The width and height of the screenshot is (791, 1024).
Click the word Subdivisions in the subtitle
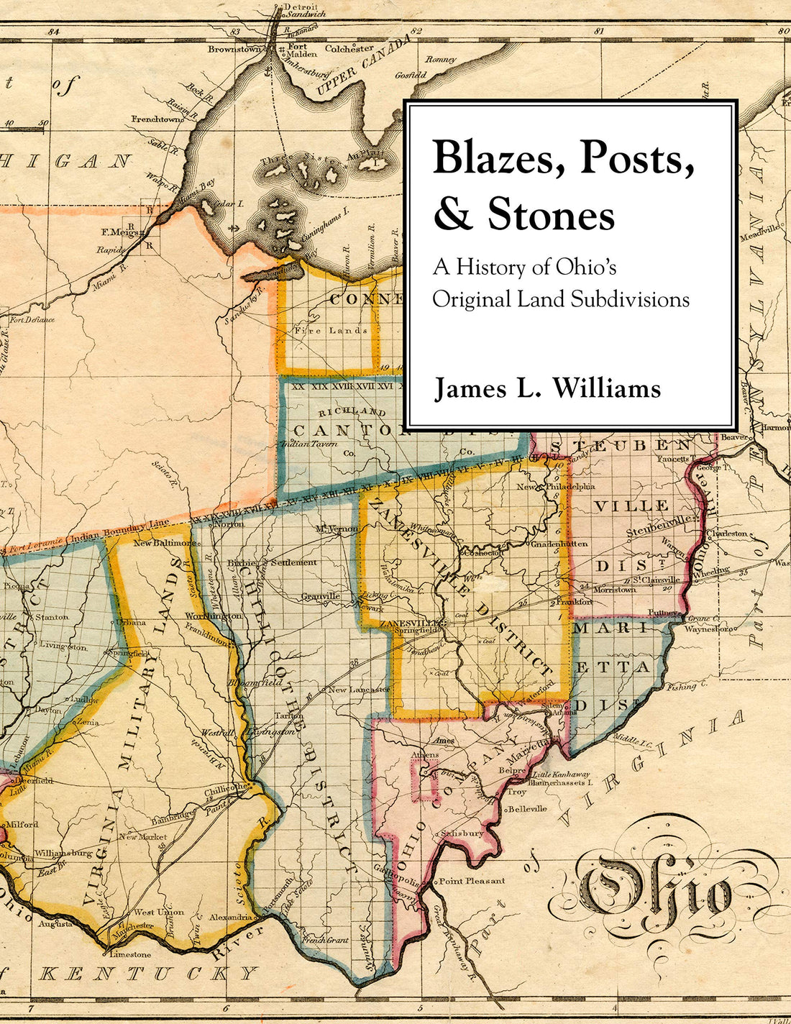tap(629, 298)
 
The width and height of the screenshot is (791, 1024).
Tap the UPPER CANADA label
tap(360, 67)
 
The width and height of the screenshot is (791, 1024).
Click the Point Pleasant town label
tap(472, 880)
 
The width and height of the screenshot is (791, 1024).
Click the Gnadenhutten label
tap(560, 544)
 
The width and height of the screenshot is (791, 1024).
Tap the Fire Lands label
tap(331, 331)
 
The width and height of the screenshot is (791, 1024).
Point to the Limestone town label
tap(129, 954)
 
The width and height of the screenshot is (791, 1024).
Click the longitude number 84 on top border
tap(52, 32)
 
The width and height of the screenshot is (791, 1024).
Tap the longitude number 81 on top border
tap(598, 32)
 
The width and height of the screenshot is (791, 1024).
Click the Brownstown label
tap(234, 50)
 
